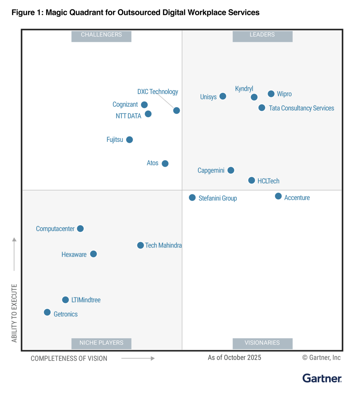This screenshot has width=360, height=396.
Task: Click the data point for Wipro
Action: point(271,94)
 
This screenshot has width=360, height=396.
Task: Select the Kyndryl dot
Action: point(254,97)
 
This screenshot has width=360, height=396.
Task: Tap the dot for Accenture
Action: point(278,196)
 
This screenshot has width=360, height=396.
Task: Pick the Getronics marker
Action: point(47,312)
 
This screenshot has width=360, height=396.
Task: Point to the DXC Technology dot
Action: point(176,111)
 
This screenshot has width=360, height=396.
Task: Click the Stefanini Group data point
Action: point(192,198)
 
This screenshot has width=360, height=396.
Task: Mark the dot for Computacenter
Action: point(80,229)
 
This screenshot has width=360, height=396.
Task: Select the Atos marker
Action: point(165,163)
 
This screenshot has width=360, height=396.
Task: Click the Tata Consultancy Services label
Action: point(301,108)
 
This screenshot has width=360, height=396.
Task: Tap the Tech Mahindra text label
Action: point(163,245)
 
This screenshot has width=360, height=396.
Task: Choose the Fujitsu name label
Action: point(115,140)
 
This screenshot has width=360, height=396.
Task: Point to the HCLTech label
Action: point(268,181)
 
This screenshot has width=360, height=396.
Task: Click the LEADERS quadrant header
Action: point(262,35)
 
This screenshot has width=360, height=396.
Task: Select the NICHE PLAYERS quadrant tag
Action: point(101,343)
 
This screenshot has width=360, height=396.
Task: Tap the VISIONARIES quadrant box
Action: point(262,343)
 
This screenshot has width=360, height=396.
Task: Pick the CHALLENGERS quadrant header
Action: point(101,35)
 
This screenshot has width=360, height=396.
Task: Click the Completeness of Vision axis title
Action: point(69,358)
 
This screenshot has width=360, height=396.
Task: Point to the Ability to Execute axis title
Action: point(14,313)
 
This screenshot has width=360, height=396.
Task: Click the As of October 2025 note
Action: point(234,358)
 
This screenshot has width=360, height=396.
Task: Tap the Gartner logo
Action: point(322,378)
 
